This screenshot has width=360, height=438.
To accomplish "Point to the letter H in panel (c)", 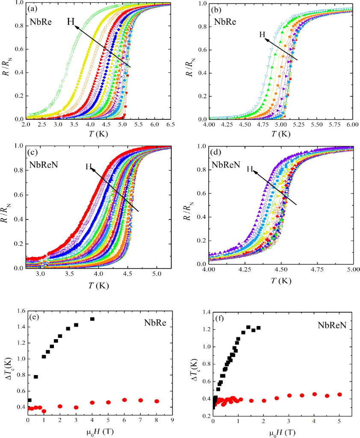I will (x=89, y=167).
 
